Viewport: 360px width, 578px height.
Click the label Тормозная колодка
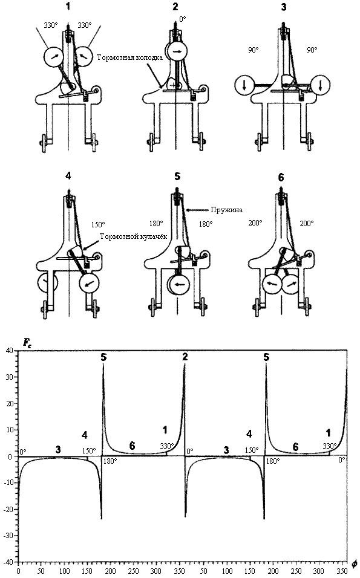129,57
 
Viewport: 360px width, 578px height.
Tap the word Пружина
227,210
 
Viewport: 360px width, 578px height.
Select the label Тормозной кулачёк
134,236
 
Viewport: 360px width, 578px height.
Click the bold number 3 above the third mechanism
283,7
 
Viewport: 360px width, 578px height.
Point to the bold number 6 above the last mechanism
281,177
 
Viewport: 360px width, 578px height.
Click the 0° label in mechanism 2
183,19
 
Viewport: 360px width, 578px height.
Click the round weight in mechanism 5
178,284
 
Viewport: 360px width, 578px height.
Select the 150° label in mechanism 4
98,224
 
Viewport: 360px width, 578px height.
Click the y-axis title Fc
27,343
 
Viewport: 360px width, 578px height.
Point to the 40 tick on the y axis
10,351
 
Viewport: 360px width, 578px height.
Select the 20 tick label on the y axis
10,403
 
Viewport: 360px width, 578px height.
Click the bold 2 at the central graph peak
185,357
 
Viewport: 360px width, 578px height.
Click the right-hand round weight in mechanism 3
320,85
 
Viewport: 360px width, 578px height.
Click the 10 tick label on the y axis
10,430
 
